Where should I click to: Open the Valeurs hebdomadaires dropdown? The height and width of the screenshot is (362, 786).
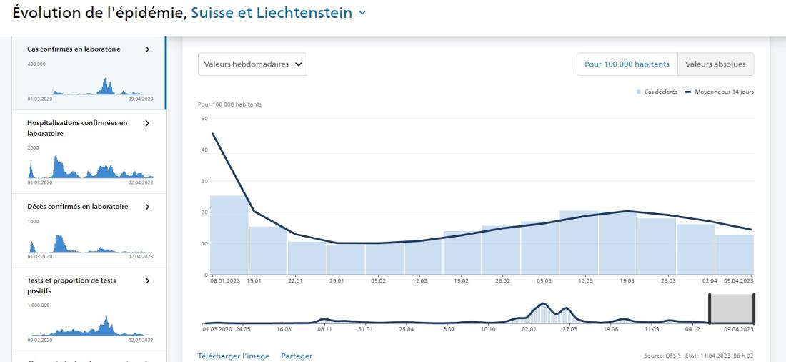pos(252,64)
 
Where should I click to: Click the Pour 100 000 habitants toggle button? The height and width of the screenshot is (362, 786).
pos(627,64)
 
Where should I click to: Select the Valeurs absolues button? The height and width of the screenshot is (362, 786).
pos(715,64)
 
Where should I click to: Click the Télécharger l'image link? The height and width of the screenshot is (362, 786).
pos(233,356)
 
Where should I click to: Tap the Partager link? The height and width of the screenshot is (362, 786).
pos(297,356)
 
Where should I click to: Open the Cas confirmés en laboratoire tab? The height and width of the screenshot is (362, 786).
pos(79,49)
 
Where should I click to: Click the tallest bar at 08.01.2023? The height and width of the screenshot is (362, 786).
pos(229,235)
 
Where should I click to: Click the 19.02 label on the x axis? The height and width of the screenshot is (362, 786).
pos(461,281)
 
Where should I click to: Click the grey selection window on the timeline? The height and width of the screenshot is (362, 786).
pos(731,308)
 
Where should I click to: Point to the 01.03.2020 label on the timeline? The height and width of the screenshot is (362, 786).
pos(218,329)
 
